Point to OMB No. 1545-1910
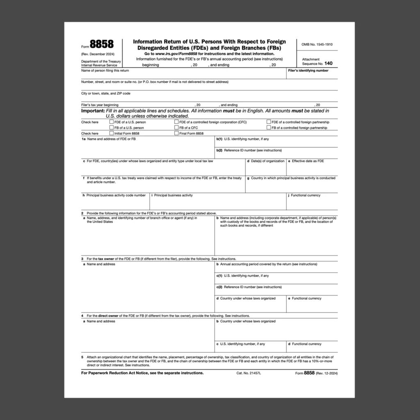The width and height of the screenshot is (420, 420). pyautogui.click(x=317, y=44)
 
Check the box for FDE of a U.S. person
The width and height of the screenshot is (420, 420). pyautogui.click(x=112, y=122)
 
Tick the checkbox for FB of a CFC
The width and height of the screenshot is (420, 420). pyautogui.click(x=176, y=128)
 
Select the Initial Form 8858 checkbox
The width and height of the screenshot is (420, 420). pyautogui.click(x=112, y=133)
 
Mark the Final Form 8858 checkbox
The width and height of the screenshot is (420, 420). pyautogui.click(x=176, y=133)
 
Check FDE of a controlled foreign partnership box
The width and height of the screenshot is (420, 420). pyautogui.click(x=269, y=122)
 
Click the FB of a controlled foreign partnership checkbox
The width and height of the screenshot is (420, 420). pyautogui.click(x=269, y=128)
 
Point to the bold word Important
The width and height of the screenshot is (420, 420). pyautogui.click(x=93, y=111)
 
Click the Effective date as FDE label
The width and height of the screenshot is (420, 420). pyautogui.click(x=308, y=161)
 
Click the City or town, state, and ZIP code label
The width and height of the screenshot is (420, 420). pyautogui.click(x=106, y=94)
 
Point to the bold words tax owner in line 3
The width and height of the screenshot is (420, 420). pyautogui.click(x=106, y=259)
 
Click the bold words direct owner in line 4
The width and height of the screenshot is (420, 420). pyautogui.click(x=108, y=316)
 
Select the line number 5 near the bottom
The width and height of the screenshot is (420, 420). pyautogui.click(x=82, y=357)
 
